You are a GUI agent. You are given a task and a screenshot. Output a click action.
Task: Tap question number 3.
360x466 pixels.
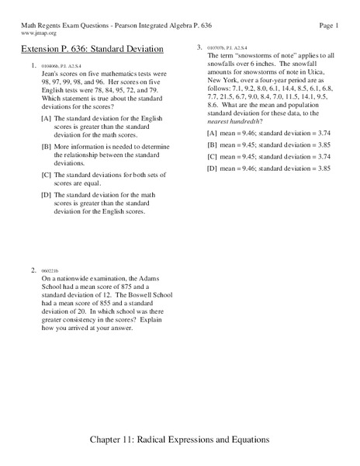point(200,48)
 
